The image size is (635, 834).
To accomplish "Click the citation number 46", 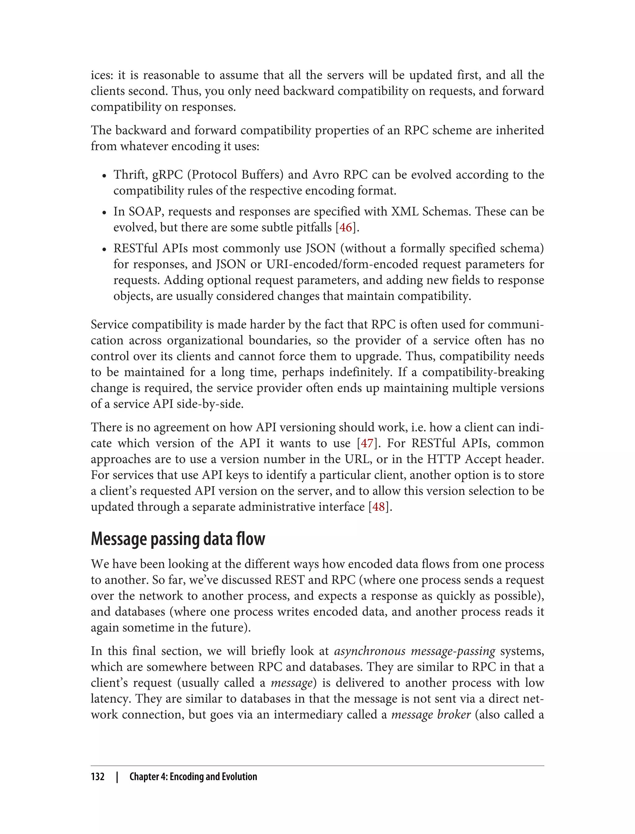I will pyautogui.click(x=345, y=227).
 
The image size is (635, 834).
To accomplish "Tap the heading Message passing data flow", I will pyautogui.click(x=178, y=539).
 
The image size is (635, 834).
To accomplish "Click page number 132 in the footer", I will pyautogui.click(x=98, y=777).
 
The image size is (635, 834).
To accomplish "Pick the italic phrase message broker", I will pyautogui.click(x=431, y=715).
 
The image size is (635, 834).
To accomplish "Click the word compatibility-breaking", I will pyautogui.click(x=483, y=372).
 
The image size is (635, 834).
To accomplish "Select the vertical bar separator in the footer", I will pyautogui.click(x=117, y=777).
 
